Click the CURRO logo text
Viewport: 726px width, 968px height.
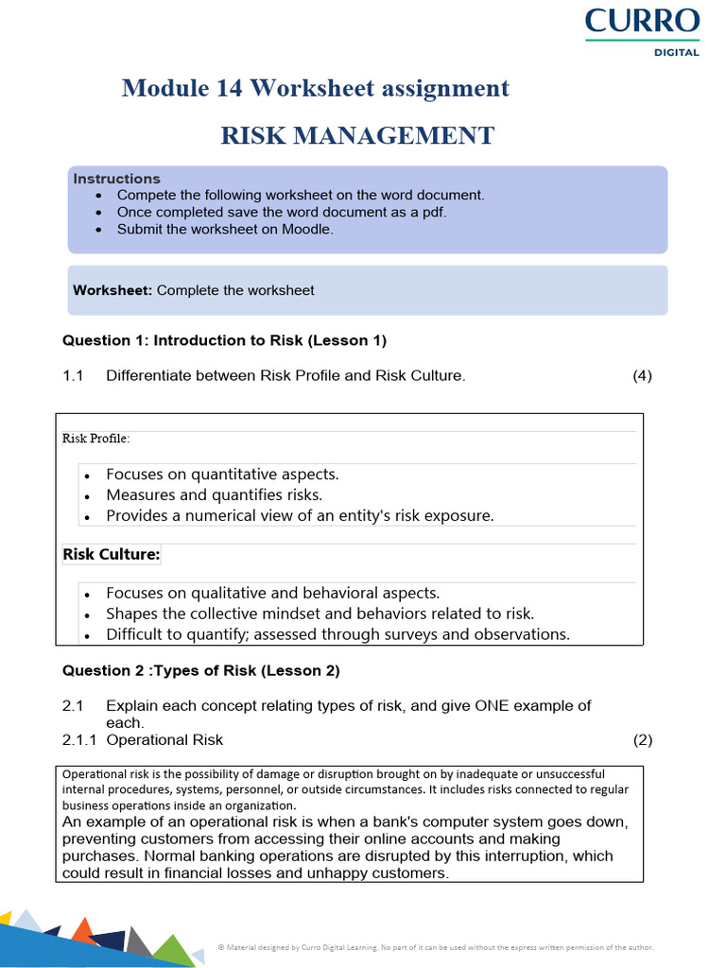point(642,21)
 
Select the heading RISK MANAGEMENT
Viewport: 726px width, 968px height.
point(357,135)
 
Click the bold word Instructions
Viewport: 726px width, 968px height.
point(117,179)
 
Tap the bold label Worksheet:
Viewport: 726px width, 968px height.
point(112,290)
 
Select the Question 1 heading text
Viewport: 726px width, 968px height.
point(224,340)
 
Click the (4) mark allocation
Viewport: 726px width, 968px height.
point(642,375)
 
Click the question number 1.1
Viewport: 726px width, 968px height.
point(74,375)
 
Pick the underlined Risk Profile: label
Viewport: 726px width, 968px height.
point(96,439)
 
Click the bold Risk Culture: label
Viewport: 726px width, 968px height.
point(112,555)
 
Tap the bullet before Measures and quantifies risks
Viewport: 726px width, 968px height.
point(87,496)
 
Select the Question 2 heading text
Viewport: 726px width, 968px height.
point(200,671)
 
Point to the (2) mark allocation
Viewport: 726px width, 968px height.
point(642,739)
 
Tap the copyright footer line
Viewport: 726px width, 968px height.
point(436,946)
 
